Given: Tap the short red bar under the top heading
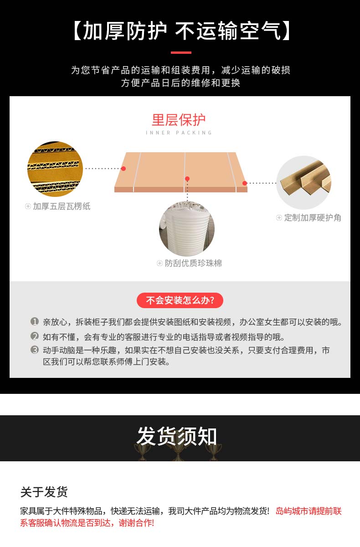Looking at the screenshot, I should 181,52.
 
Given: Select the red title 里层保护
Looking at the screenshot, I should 179,120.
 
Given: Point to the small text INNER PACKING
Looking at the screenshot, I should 179,133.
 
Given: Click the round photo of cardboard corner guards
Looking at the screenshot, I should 303,183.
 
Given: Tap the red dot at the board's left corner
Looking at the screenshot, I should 123,169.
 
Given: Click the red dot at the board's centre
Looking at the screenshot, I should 187,179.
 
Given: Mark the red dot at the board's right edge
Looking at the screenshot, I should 245,183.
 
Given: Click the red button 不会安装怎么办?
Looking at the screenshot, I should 180,300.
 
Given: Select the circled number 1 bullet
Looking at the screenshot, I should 35,322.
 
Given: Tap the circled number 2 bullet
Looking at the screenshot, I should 35,337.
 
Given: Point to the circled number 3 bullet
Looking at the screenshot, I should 35,350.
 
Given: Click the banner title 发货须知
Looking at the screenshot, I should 177,437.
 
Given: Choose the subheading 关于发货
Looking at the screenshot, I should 44,492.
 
